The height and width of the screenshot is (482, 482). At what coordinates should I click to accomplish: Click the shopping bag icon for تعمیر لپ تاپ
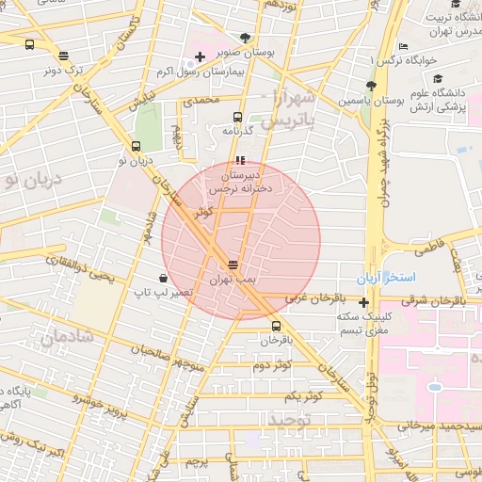click(x=165, y=278)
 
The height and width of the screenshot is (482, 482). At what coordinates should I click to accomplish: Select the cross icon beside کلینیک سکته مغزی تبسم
click(x=364, y=302)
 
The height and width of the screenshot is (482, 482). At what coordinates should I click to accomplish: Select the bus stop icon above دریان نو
click(x=137, y=146)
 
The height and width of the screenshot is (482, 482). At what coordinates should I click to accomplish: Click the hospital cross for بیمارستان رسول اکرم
click(x=201, y=57)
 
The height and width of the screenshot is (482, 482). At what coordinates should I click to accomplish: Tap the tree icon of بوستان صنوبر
click(x=246, y=39)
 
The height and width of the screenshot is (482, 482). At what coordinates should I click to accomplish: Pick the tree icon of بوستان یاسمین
click(x=372, y=85)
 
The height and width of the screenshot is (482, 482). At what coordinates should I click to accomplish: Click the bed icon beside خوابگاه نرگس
click(x=403, y=47)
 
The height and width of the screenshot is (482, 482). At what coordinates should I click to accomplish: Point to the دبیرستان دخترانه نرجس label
click(x=241, y=182)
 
